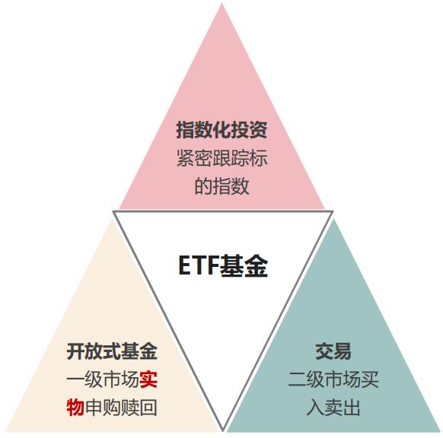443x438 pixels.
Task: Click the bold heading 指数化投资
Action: pyautogui.click(x=221, y=130)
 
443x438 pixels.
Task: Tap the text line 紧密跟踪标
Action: pyautogui.click(x=221, y=158)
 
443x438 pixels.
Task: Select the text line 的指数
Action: pyautogui.click(x=221, y=186)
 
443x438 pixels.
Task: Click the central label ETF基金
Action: pyautogui.click(x=223, y=265)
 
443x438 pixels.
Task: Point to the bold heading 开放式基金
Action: pyautogui.click(x=112, y=351)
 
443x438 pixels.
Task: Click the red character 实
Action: pyautogui.click(x=148, y=379)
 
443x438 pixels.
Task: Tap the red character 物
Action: pyautogui.click(x=75, y=408)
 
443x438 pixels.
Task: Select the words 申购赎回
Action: pyautogui.click(x=121, y=408)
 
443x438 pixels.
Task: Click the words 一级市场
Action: pyautogui.click(x=103, y=379)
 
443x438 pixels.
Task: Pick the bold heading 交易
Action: pyautogui.click(x=333, y=351)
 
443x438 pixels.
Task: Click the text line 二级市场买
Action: pyautogui.click(x=333, y=379)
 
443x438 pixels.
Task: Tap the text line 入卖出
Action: pyautogui.click(x=333, y=408)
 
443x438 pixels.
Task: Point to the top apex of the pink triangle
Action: pyautogui.click(x=222, y=3)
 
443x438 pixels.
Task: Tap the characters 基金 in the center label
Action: pyautogui.click(x=244, y=265)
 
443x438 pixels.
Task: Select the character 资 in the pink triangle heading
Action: pyautogui.click(x=258, y=130)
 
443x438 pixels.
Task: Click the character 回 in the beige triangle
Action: pyautogui.click(x=148, y=408)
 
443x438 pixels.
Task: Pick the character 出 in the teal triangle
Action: pyautogui.click(x=352, y=408)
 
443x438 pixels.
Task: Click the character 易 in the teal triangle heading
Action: pyautogui.click(x=343, y=351)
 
